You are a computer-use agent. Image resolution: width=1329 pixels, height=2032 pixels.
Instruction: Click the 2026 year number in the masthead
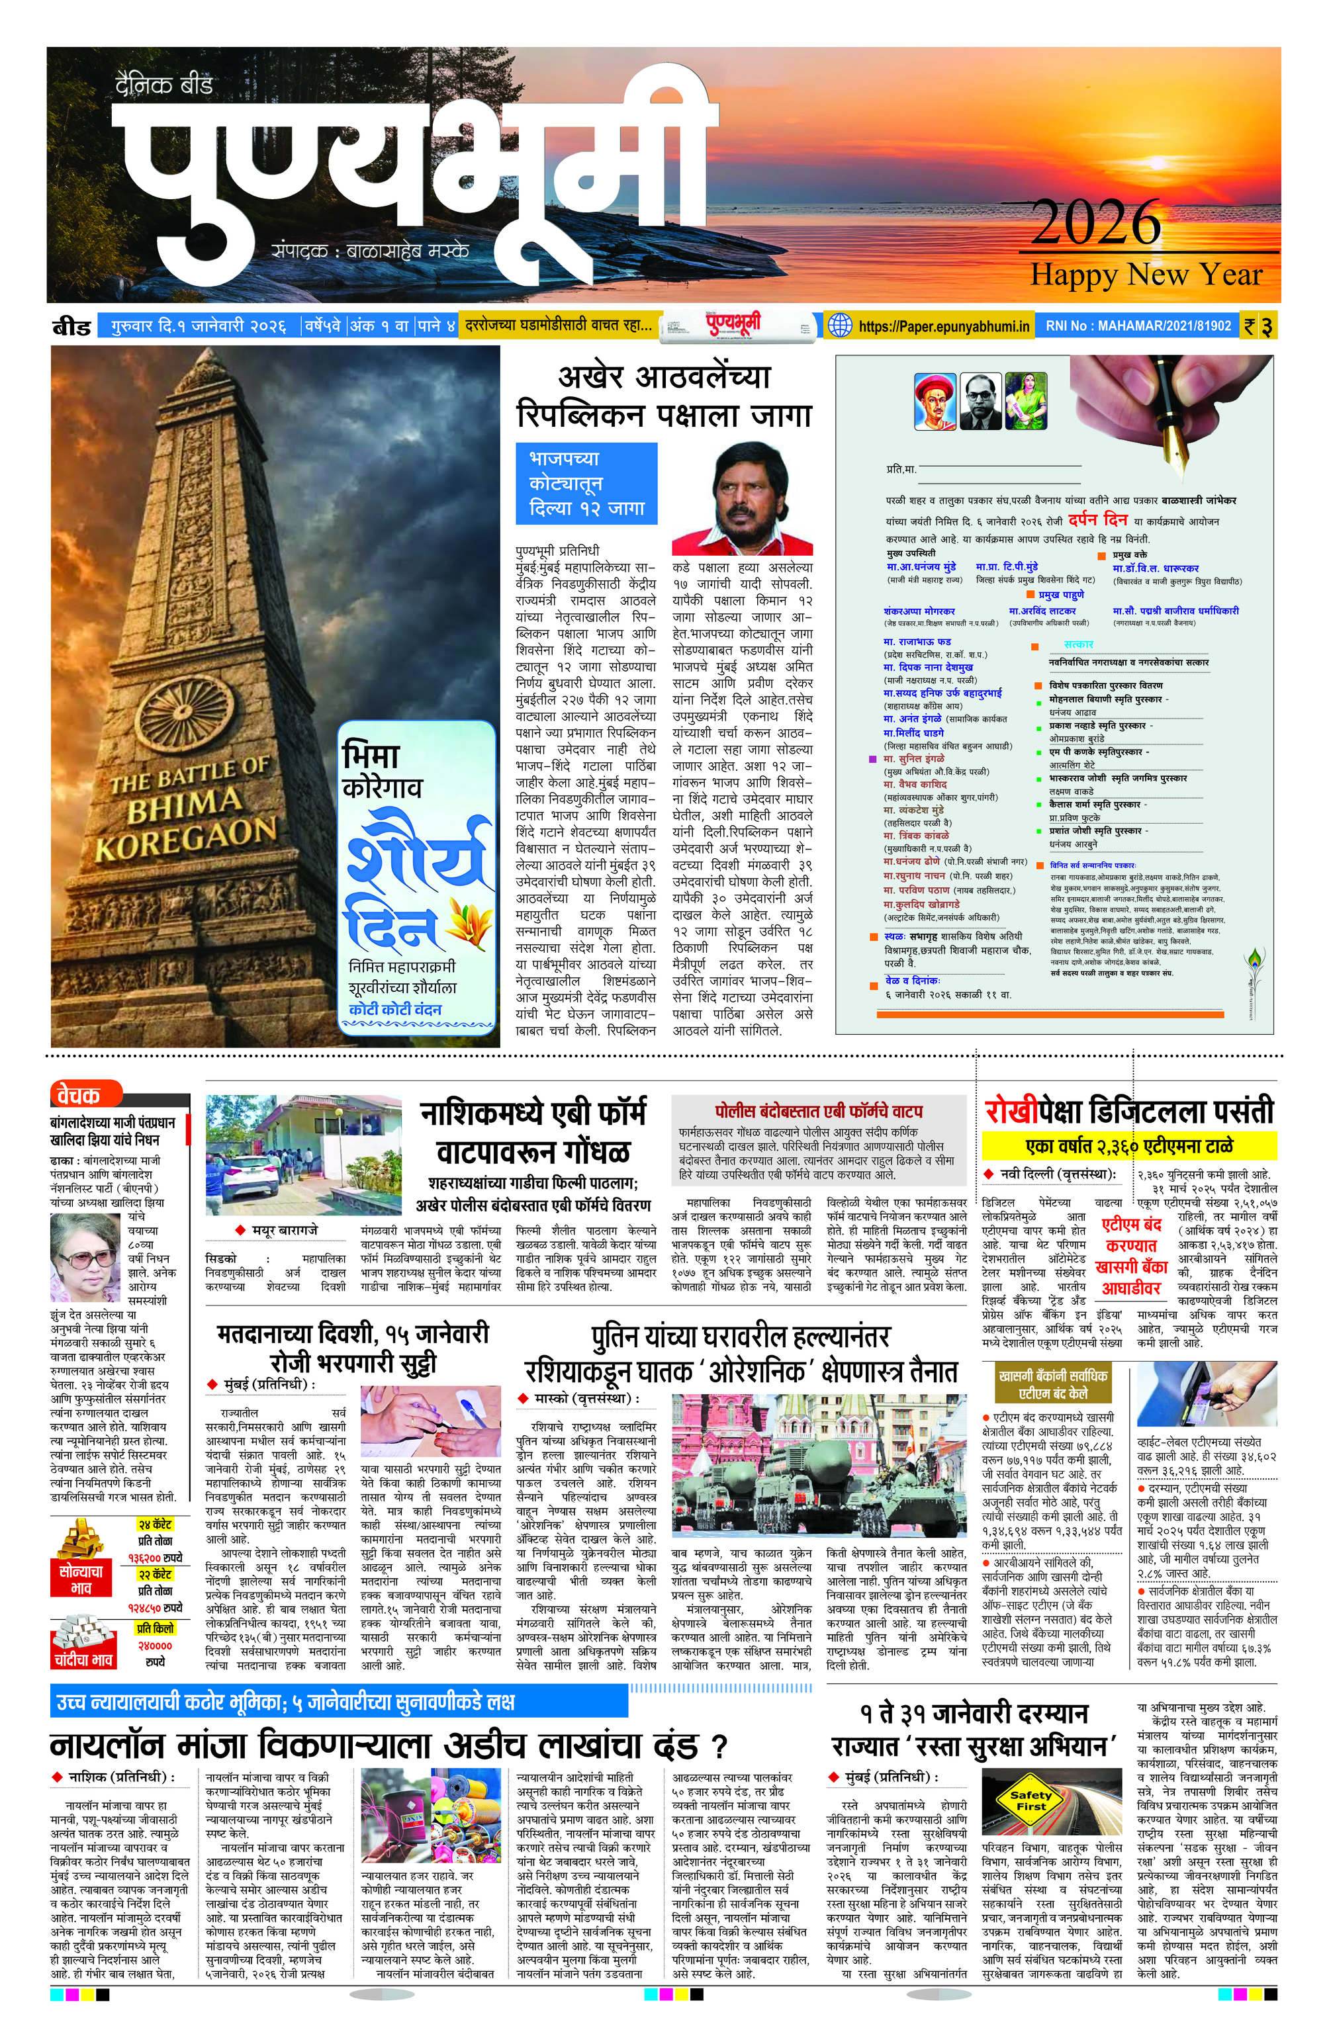click(x=1096, y=223)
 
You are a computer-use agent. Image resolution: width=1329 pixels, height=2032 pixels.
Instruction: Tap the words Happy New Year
click(x=1146, y=275)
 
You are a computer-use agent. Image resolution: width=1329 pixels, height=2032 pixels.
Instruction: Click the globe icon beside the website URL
click(x=841, y=326)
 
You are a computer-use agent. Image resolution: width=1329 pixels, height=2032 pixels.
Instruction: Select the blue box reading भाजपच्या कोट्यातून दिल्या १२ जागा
click(x=586, y=482)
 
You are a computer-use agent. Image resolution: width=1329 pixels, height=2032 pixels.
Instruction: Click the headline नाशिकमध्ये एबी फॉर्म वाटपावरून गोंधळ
click(x=535, y=1133)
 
